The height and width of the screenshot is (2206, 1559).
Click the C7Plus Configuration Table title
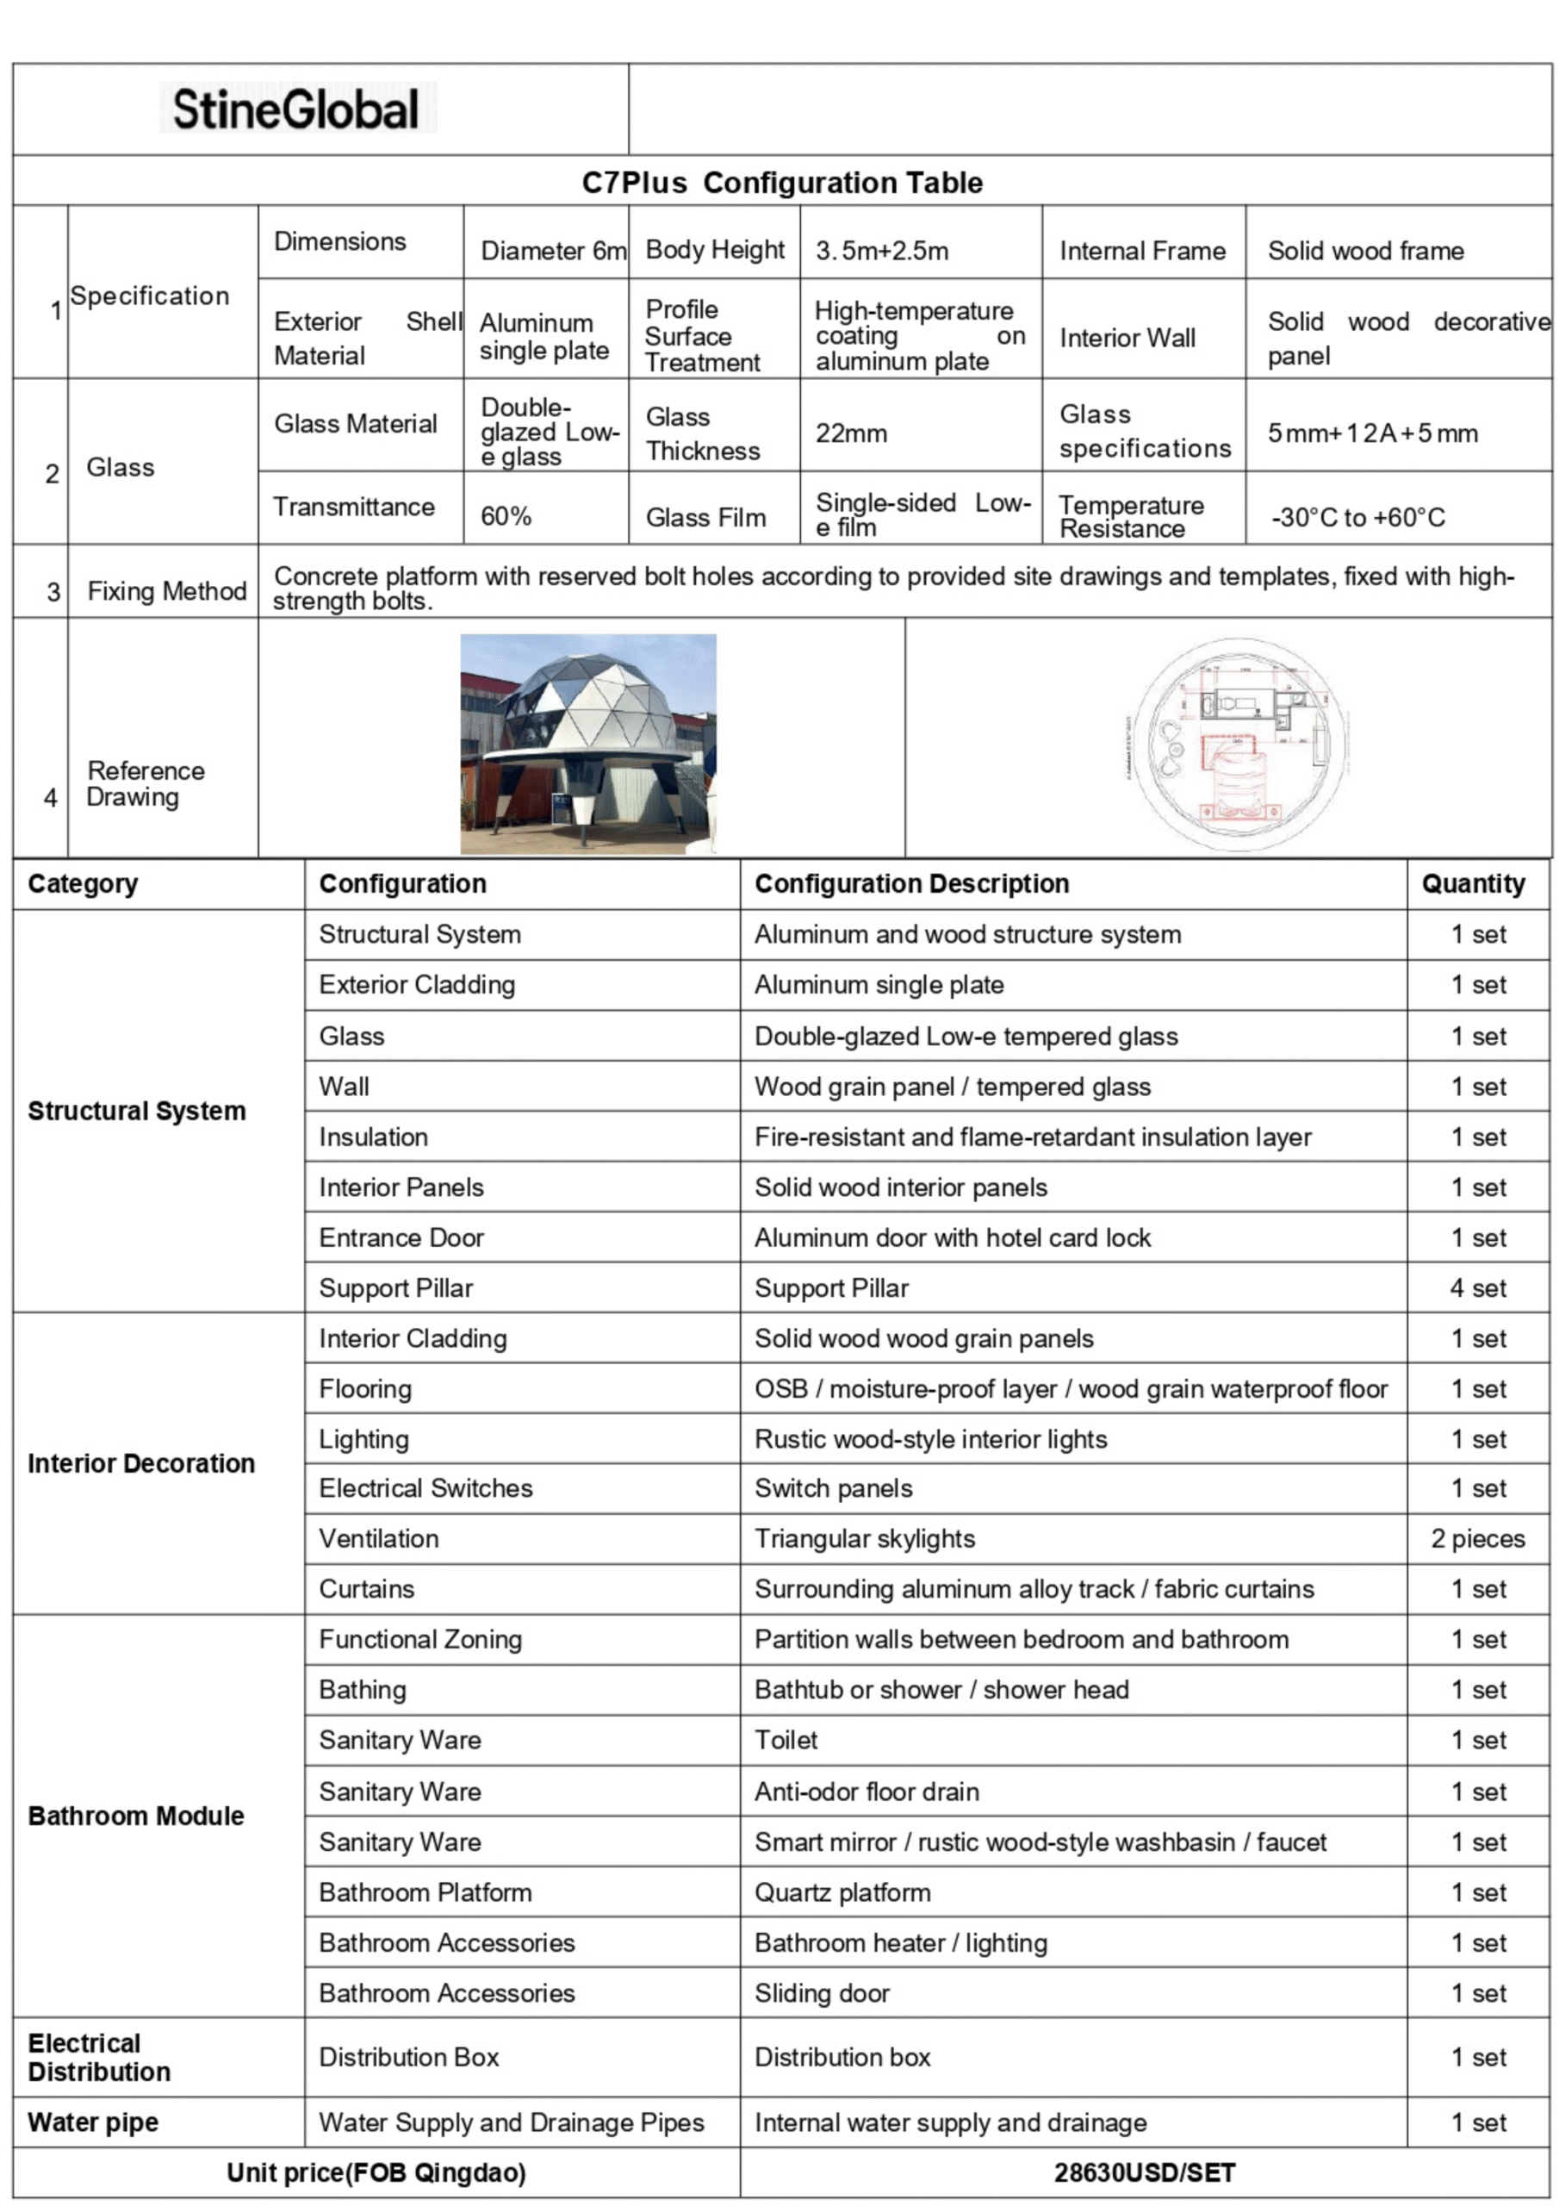(782, 183)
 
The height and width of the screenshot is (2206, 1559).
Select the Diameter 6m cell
(552, 251)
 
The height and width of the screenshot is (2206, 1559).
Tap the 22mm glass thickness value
(851, 433)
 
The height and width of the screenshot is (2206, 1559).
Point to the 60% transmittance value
(506, 516)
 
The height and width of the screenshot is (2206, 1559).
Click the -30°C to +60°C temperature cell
(1357, 518)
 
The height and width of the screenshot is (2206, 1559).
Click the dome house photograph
(588, 743)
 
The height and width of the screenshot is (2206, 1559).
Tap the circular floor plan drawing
(1239, 744)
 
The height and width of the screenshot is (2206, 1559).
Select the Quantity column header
(1473, 884)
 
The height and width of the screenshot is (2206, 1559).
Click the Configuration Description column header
(911, 884)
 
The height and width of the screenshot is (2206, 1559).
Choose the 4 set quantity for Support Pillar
(1477, 1287)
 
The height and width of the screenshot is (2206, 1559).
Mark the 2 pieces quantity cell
(1477, 1538)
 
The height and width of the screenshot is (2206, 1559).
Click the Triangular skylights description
(865, 1538)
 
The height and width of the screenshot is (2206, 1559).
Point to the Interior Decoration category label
(141, 1463)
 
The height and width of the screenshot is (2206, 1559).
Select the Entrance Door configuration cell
(401, 1237)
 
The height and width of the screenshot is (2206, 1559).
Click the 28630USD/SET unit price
(1144, 2172)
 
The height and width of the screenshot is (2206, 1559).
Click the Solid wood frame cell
(1365, 251)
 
